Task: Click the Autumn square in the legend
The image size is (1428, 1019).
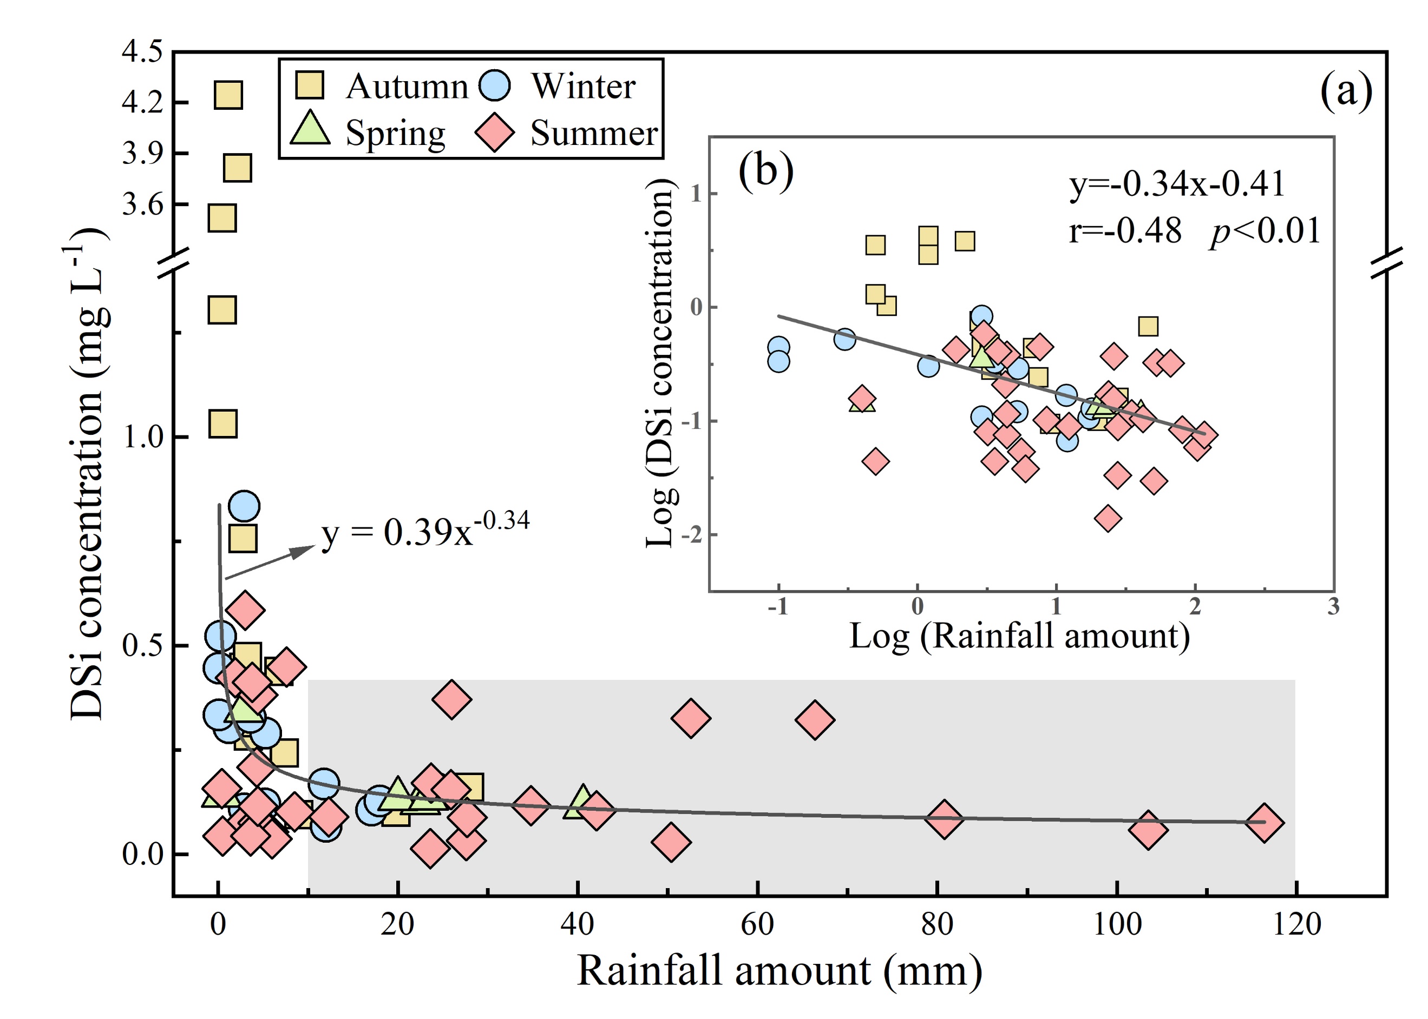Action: coord(310,85)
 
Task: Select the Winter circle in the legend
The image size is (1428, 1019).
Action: coord(495,85)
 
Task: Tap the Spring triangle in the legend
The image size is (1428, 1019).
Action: coord(310,128)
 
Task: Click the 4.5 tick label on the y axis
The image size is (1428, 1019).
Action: coord(142,52)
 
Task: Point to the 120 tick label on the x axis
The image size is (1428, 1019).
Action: coord(1296,924)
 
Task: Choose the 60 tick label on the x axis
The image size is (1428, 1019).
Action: coord(757,924)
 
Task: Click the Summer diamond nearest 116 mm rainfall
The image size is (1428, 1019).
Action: coord(1263,822)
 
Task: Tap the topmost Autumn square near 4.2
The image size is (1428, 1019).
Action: coord(228,95)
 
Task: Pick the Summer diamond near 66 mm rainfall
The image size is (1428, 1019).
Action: coord(815,719)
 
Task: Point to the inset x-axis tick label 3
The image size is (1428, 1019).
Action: coord(1333,606)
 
